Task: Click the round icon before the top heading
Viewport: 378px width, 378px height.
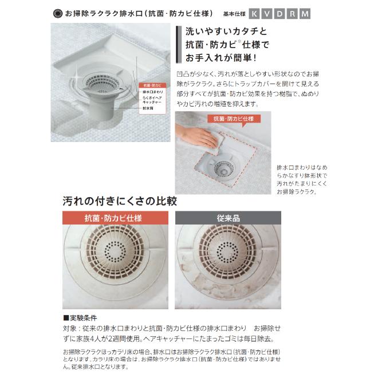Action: pyautogui.click(x=56, y=13)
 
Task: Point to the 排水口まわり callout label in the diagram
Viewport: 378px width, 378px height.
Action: pyautogui.click(x=152, y=92)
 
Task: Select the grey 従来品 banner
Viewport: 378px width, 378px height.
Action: pyautogui.click(x=227, y=218)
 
